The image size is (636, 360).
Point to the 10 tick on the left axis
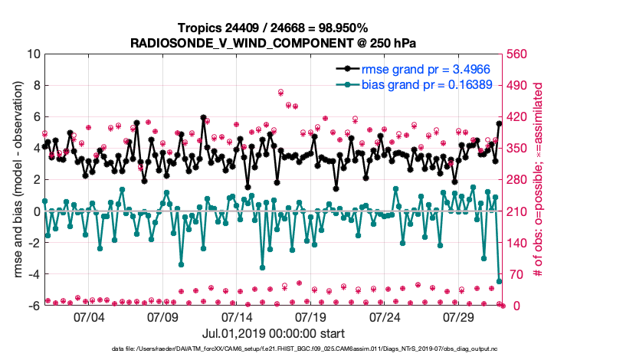coord(32,54)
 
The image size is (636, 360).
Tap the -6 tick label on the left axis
coord(32,306)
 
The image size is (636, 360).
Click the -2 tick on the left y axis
coord(32,243)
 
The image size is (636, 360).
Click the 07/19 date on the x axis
coord(311,316)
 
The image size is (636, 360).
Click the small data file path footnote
coord(317,349)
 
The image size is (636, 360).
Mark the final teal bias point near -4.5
coord(500,281)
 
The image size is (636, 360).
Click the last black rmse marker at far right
coord(500,123)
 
